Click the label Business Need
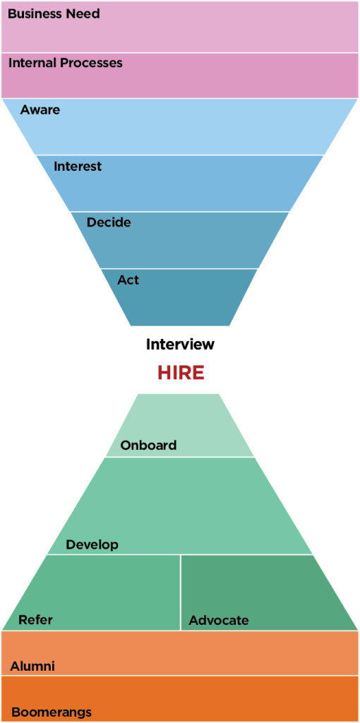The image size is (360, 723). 54,14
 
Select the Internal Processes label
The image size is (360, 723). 66,63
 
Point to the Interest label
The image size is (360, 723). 78,166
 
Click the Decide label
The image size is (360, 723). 109,222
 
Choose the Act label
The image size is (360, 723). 128,280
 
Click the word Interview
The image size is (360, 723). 180,344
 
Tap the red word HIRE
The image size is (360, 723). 181,373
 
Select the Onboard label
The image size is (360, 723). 148,446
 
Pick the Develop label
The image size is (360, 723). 92,544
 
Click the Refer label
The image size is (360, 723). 35,620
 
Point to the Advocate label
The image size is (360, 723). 219,620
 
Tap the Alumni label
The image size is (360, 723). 32,666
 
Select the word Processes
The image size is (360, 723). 92,63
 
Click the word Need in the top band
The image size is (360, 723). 85,14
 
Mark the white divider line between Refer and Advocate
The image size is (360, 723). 180,592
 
